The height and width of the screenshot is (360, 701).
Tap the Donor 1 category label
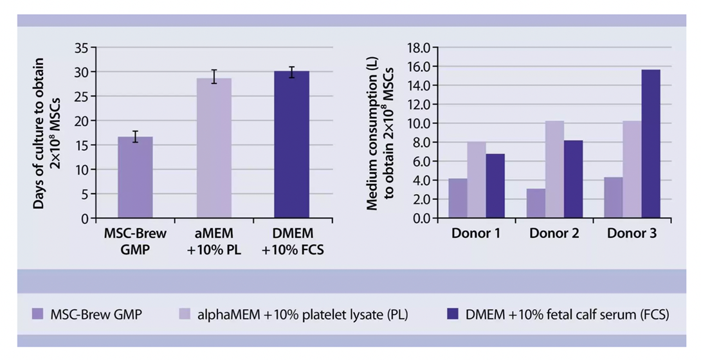[476, 233]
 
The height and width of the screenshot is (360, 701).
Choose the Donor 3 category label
[632, 233]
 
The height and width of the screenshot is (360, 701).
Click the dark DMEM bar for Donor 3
[650, 144]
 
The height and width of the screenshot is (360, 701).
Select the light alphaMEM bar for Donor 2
[554, 170]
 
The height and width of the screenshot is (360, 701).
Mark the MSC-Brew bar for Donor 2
[536, 203]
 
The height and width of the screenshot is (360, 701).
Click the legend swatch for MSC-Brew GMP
[37, 314]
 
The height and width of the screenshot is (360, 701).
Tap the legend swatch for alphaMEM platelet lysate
[183, 314]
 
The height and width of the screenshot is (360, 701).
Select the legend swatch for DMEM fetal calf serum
[453, 314]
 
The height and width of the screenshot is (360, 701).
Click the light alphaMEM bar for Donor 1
[477, 180]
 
